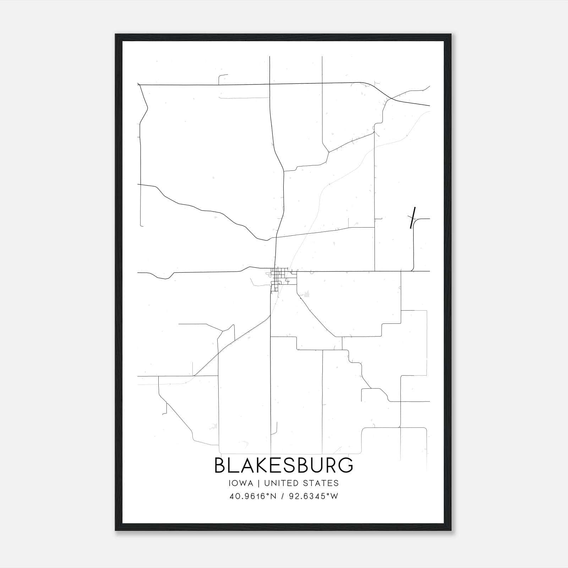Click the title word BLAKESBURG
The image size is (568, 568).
(x=284, y=465)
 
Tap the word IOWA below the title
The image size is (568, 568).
(x=241, y=483)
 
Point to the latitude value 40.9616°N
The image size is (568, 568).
(x=253, y=496)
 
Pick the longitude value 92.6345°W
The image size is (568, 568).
(x=314, y=496)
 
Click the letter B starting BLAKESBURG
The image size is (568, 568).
(x=220, y=465)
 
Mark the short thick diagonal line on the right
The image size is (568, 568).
(x=413, y=218)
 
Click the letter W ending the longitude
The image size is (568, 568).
(x=334, y=496)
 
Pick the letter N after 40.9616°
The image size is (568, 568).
(x=273, y=496)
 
